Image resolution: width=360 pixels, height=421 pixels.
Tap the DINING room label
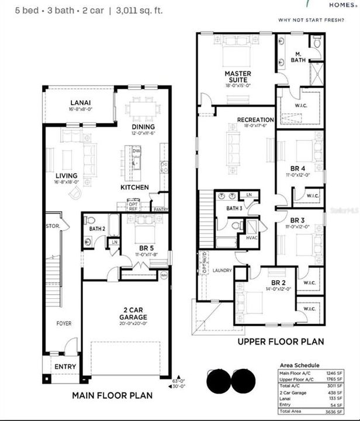pos(143,126)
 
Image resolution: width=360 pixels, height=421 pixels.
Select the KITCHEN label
pos(134,188)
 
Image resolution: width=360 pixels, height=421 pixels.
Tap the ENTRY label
pos(65,367)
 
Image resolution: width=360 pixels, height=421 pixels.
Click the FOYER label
pos(64,323)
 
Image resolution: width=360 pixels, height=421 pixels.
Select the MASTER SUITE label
pos(238,77)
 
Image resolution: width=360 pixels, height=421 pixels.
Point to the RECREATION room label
pos(255,120)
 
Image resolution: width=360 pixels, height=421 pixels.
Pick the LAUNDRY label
pos(222,270)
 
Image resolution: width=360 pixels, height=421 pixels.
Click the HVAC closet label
pos(252,238)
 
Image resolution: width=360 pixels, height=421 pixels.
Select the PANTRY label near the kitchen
pos(160,209)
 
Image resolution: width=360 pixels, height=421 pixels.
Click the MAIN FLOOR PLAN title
pos(112,395)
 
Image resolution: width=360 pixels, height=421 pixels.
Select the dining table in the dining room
pos(143,109)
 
